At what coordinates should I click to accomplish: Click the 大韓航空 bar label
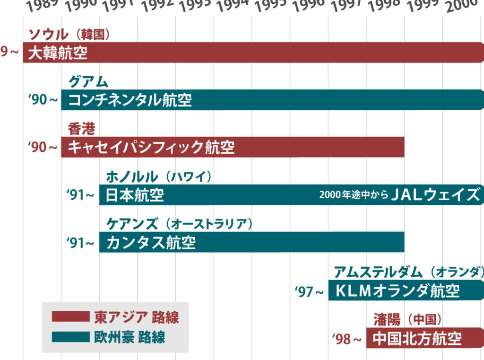[58, 53]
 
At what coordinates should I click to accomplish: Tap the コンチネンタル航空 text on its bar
[130, 100]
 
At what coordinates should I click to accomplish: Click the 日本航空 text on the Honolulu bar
[135, 195]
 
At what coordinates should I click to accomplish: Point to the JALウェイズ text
[435, 195]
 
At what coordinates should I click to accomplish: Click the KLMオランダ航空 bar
[397, 290]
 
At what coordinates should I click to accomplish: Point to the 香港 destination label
[81, 129]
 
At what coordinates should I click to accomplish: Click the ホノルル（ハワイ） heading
[159, 176]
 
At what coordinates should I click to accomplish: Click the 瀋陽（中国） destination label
[407, 319]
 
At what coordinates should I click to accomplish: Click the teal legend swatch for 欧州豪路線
[70, 337]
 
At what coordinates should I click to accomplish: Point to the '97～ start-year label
[309, 291]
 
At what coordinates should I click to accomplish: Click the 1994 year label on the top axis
[233, 6]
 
